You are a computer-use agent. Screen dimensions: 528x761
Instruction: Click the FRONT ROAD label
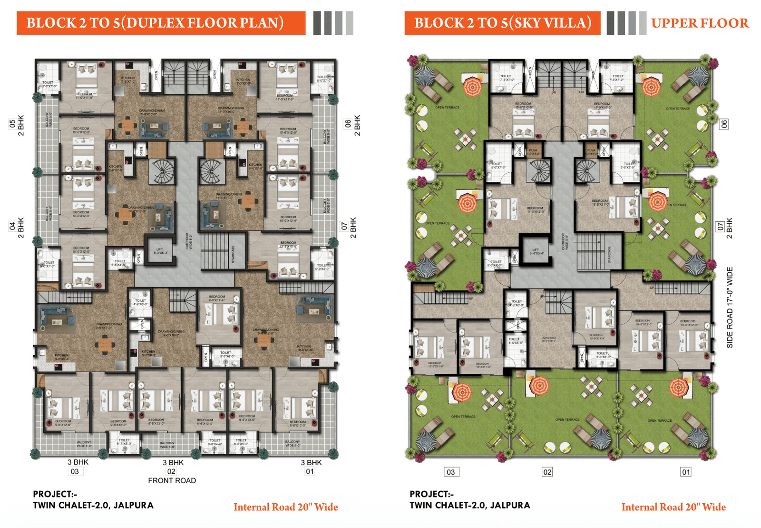[x=172, y=480]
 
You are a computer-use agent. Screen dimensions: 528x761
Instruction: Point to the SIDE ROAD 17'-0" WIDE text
[x=730, y=308]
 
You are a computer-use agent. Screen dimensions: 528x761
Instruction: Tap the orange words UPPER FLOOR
[x=700, y=23]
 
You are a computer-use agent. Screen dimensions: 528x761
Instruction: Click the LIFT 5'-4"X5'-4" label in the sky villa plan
[x=536, y=251]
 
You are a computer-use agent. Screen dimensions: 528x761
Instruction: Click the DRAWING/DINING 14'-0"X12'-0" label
[x=141, y=209]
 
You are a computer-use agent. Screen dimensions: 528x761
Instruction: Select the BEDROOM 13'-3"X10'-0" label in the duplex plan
[x=288, y=244]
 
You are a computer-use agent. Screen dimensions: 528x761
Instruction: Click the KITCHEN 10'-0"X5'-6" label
[x=304, y=348]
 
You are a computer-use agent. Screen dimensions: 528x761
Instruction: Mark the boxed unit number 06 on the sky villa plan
[x=723, y=124]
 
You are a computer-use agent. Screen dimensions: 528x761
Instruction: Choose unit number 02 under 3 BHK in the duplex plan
[x=171, y=471]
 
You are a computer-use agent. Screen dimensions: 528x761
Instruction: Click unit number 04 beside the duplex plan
[x=12, y=226]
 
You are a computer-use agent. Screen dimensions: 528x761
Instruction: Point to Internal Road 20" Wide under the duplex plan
[x=285, y=507]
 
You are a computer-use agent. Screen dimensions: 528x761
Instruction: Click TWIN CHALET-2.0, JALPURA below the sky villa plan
[x=469, y=505]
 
